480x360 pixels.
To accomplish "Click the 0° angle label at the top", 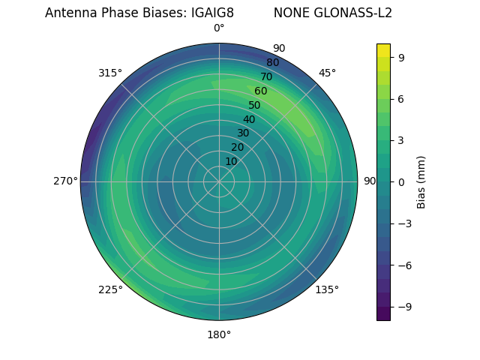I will (x=219, y=28).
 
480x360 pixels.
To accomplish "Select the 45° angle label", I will (x=327, y=73).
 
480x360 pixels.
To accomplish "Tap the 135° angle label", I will (x=327, y=289).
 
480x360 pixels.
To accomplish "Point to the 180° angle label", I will (x=219, y=334).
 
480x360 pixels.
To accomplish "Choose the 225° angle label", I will (x=110, y=289).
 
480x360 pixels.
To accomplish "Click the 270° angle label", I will (x=65, y=181).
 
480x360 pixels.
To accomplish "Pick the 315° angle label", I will (x=110, y=73).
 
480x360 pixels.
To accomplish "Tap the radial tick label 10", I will (x=231, y=161).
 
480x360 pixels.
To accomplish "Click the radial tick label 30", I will (x=243, y=133).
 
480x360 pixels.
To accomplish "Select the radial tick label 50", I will (x=255, y=105).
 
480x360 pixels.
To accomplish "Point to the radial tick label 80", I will (x=273, y=62).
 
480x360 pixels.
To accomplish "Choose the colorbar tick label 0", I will (x=401, y=181).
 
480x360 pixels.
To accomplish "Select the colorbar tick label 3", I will (x=401, y=140).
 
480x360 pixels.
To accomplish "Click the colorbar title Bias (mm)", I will (x=421, y=181).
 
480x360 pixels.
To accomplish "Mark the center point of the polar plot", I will (x=219, y=181).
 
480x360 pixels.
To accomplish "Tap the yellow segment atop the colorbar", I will (x=383, y=50).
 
